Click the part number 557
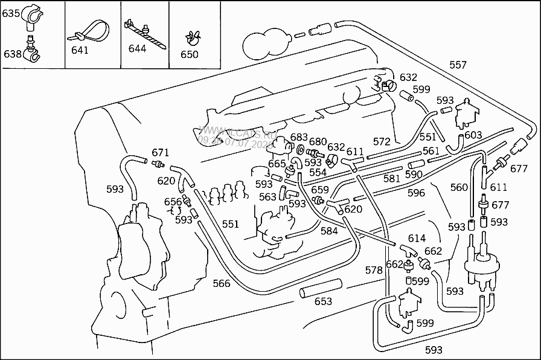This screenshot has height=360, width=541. (x=458, y=65)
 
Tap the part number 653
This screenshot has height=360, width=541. (x=324, y=301)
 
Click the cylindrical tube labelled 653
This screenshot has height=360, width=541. (x=320, y=288)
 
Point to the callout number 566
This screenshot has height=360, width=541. (x=222, y=283)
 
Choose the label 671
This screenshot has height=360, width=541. (x=160, y=152)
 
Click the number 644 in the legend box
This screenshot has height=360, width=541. (x=137, y=48)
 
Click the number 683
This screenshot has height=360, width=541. (x=299, y=137)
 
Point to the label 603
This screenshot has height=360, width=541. (x=473, y=135)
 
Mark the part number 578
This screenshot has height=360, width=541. (x=374, y=270)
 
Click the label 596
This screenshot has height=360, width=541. (x=417, y=193)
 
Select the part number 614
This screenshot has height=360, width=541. (x=417, y=239)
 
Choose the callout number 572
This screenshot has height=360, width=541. (x=382, y=141)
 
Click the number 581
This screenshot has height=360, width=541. (x=392, y=178)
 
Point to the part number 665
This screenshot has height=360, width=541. (x=277, y=164)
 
